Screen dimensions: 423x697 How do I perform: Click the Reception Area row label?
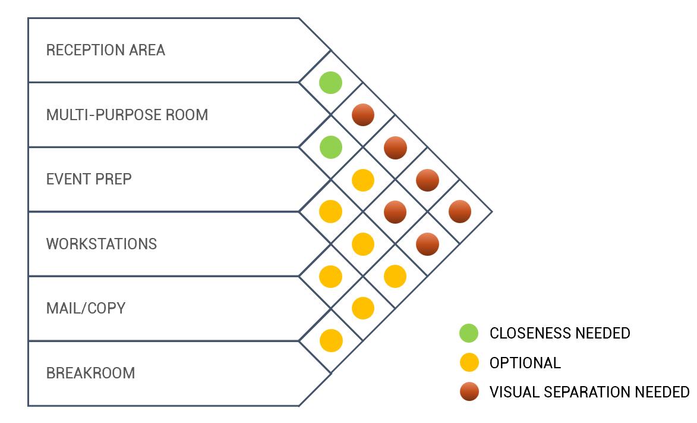106,50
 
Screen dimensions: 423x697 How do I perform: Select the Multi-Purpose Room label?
127,114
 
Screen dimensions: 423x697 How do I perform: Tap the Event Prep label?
89,179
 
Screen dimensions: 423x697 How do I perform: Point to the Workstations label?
102,244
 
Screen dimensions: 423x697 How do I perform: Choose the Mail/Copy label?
86,308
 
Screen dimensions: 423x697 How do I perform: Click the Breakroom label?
91,373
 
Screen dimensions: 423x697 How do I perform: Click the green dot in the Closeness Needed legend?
469,333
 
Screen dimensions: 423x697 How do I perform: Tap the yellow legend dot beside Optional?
469,362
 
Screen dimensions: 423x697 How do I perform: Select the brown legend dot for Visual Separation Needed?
469,391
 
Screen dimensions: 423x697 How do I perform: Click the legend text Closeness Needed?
560,333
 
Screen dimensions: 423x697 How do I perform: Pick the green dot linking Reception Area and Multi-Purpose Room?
330,82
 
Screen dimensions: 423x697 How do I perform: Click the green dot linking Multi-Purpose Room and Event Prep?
330,147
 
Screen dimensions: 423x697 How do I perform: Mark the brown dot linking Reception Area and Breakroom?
460,211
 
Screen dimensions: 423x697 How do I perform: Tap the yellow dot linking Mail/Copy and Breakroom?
331,340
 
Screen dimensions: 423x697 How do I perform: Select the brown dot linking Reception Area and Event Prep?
362,115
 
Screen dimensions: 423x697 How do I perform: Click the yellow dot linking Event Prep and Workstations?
330,211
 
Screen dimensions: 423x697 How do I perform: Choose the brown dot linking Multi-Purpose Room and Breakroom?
427,243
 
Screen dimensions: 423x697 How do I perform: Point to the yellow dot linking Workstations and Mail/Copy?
330,276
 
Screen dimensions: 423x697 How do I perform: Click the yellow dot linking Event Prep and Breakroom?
395,276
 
